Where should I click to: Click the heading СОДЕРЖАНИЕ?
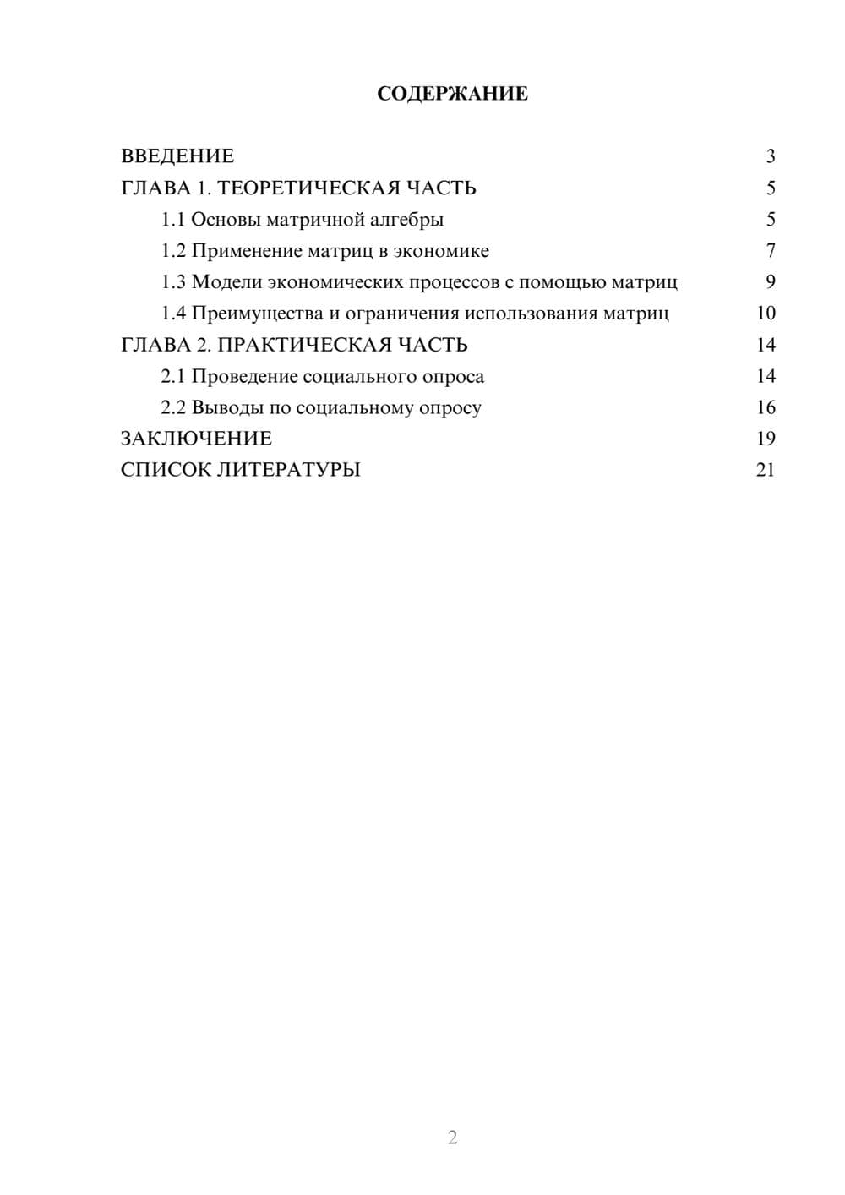452,94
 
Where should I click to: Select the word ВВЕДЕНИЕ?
177,156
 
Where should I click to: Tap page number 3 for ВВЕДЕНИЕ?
770,156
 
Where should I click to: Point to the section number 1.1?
173,220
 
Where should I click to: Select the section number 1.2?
173,251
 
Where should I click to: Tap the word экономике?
441,251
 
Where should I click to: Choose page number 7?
770,251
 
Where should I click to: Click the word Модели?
226,282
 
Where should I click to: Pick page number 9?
770,282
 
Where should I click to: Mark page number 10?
766,314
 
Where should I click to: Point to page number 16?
766,407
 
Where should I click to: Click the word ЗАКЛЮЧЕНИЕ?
196,439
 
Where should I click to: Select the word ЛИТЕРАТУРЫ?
289,470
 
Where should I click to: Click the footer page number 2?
452,1138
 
